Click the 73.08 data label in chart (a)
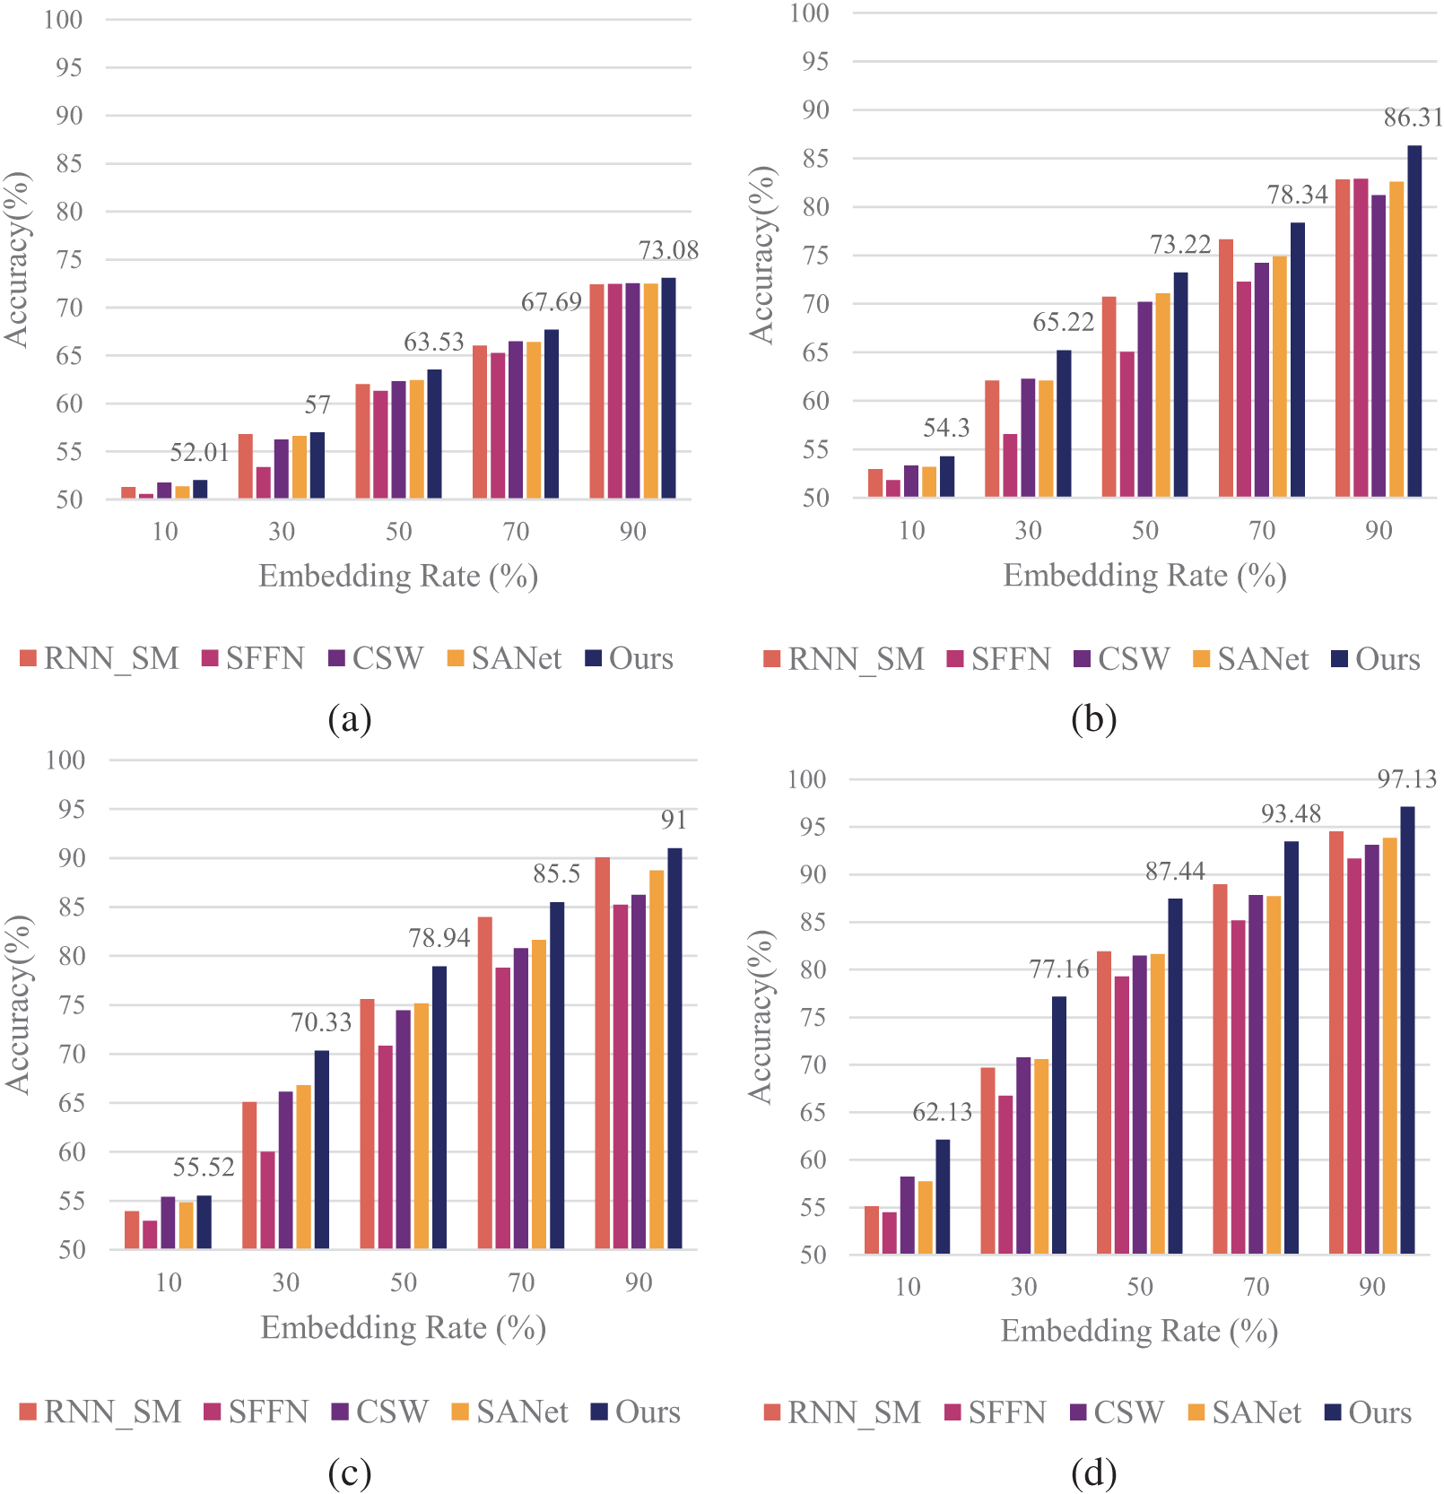668,250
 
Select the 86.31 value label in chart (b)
1414,117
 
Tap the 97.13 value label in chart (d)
1407,778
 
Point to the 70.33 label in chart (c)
321,1022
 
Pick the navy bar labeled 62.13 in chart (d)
943,1196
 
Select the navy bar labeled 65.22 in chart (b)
1064,423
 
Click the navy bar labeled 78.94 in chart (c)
439,1107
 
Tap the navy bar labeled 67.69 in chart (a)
552,413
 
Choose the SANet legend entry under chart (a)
505,659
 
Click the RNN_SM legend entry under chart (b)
844,660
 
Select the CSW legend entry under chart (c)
380,1412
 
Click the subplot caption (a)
350,719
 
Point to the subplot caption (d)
1093,1472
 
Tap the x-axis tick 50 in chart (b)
1145,531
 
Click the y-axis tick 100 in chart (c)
65,760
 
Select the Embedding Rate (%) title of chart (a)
398,576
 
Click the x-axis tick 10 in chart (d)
908,1287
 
